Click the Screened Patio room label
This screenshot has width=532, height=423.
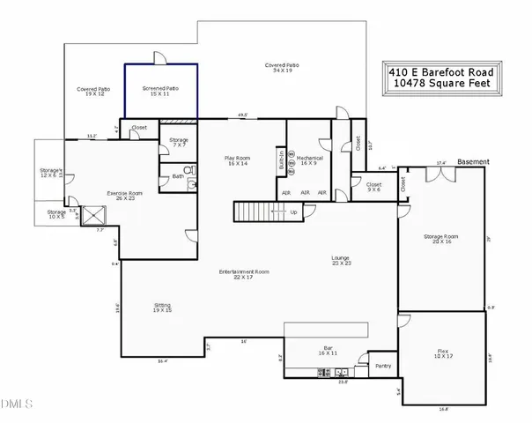click(x=159, y=91)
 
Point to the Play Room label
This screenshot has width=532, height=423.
click(x=238, y=160)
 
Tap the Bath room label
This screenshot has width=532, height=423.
click(x=177, y=176)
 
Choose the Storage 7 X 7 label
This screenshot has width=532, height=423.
click(x=179, y=142)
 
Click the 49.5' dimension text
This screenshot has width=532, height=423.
click(x=241, y=115)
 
